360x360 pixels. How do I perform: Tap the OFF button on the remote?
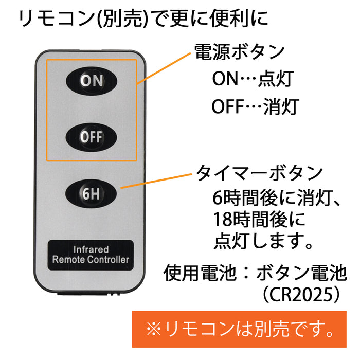pos(92,136)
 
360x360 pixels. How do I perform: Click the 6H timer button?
pos(92,194)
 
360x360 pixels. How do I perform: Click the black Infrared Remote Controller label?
pos(91,254)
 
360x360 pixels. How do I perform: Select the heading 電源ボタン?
pos(239,52)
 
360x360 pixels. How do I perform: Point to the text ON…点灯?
pos(252,79)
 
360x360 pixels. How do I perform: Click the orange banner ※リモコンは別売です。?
pos(240,328)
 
